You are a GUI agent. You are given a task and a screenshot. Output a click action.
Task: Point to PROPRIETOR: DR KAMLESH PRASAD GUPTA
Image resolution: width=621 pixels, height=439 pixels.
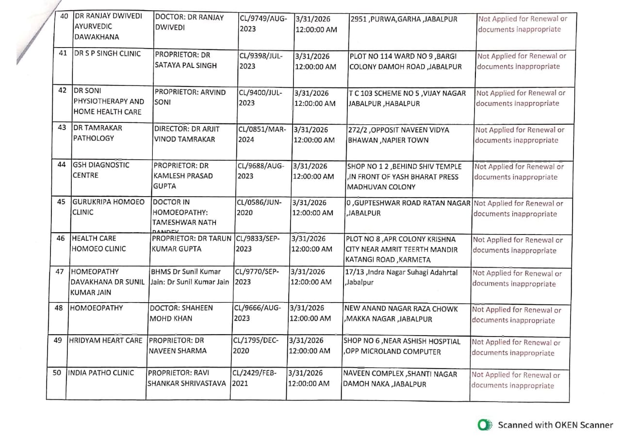pos(183,175)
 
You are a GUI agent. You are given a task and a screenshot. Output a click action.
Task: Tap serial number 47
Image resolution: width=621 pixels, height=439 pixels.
pos(60,272)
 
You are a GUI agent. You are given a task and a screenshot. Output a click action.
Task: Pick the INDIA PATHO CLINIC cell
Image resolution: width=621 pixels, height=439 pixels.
pos(100,373)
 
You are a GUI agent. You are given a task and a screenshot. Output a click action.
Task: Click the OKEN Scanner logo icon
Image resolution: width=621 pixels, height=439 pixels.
pos(484,425)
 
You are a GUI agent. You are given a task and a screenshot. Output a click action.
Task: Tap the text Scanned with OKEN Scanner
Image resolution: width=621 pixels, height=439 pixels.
pos(555,425)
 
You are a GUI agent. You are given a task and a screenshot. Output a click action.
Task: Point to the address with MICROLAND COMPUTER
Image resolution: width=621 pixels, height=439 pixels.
pos(402,346)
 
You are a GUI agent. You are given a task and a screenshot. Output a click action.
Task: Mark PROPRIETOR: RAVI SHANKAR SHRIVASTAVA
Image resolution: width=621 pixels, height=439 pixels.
pos(187,378)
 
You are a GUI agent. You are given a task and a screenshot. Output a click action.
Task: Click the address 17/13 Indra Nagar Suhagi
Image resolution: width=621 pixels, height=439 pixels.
pos(401,277)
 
